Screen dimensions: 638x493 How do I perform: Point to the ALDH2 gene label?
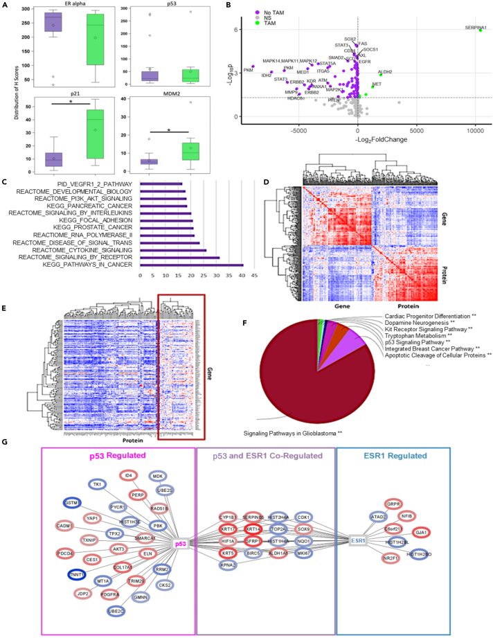click(x=386, y=71)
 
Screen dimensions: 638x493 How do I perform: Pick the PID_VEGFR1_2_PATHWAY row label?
click(x=102, y=184)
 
